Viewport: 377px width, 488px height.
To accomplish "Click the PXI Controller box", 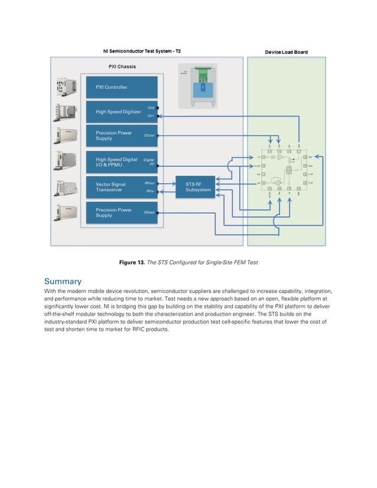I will (x=122, y=87).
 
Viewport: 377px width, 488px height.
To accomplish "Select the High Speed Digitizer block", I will (x=122, y=112).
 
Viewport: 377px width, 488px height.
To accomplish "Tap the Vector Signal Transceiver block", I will (x=122, y=187).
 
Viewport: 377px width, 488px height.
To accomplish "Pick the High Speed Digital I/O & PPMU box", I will (x=122, y=162).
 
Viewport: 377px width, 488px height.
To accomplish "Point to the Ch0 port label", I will (x=151, y=108).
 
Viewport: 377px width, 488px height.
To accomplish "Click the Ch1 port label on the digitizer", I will (x=151, y=116).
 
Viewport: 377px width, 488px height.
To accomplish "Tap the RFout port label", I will (x=150, y=183).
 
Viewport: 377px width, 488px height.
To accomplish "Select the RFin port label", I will (x=150, y=191).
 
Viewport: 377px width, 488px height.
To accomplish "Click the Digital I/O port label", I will (x=149, y=162).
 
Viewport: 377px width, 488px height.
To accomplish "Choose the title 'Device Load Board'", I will (x=286, y=52).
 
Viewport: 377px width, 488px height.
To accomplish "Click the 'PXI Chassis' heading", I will (x=122, y=67).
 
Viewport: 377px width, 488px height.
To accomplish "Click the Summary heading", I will (x=63, y=281).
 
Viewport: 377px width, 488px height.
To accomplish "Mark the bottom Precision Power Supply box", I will (x=122, y=213).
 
